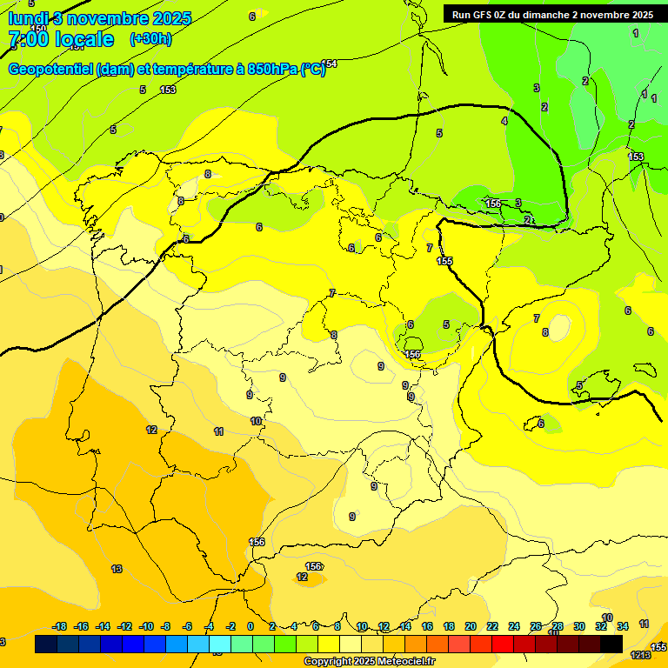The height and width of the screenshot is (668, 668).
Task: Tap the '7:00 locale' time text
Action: pyautogui.click(x=61, y=39)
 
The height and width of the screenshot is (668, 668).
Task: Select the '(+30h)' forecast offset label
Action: pyautogui.click(x=150, y=38)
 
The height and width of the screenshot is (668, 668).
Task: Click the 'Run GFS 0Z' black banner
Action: pyautogui.click(x=551, y=14)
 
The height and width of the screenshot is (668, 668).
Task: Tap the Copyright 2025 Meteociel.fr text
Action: pyautogui.click(x=369, y=662)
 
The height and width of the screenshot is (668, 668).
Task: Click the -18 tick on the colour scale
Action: pyautogui.click(x=60, y=626)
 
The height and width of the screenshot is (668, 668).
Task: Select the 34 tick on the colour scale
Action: pyautogui.click(x=623, y=626)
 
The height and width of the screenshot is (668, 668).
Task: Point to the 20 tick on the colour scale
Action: pyautogui.click(x=471, y=626)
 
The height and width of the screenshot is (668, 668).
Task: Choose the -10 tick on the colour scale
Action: pyautogui.click(x=146, y=626)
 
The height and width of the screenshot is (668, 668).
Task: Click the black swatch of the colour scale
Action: pyautogui.click(x=611, y=644)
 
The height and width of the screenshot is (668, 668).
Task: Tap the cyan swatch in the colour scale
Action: pyautogui.click(x=220, y=644)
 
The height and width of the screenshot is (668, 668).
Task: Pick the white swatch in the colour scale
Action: pyautogui.click(x=351, y=644)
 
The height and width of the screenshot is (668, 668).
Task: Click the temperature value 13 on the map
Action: pyautogui.click(x=117, y=569)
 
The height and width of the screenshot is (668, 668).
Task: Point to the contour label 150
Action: pyautogui.click(x=38, y=29)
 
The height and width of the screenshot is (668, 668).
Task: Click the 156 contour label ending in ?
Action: pyautogui.click(x=314, y=566)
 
